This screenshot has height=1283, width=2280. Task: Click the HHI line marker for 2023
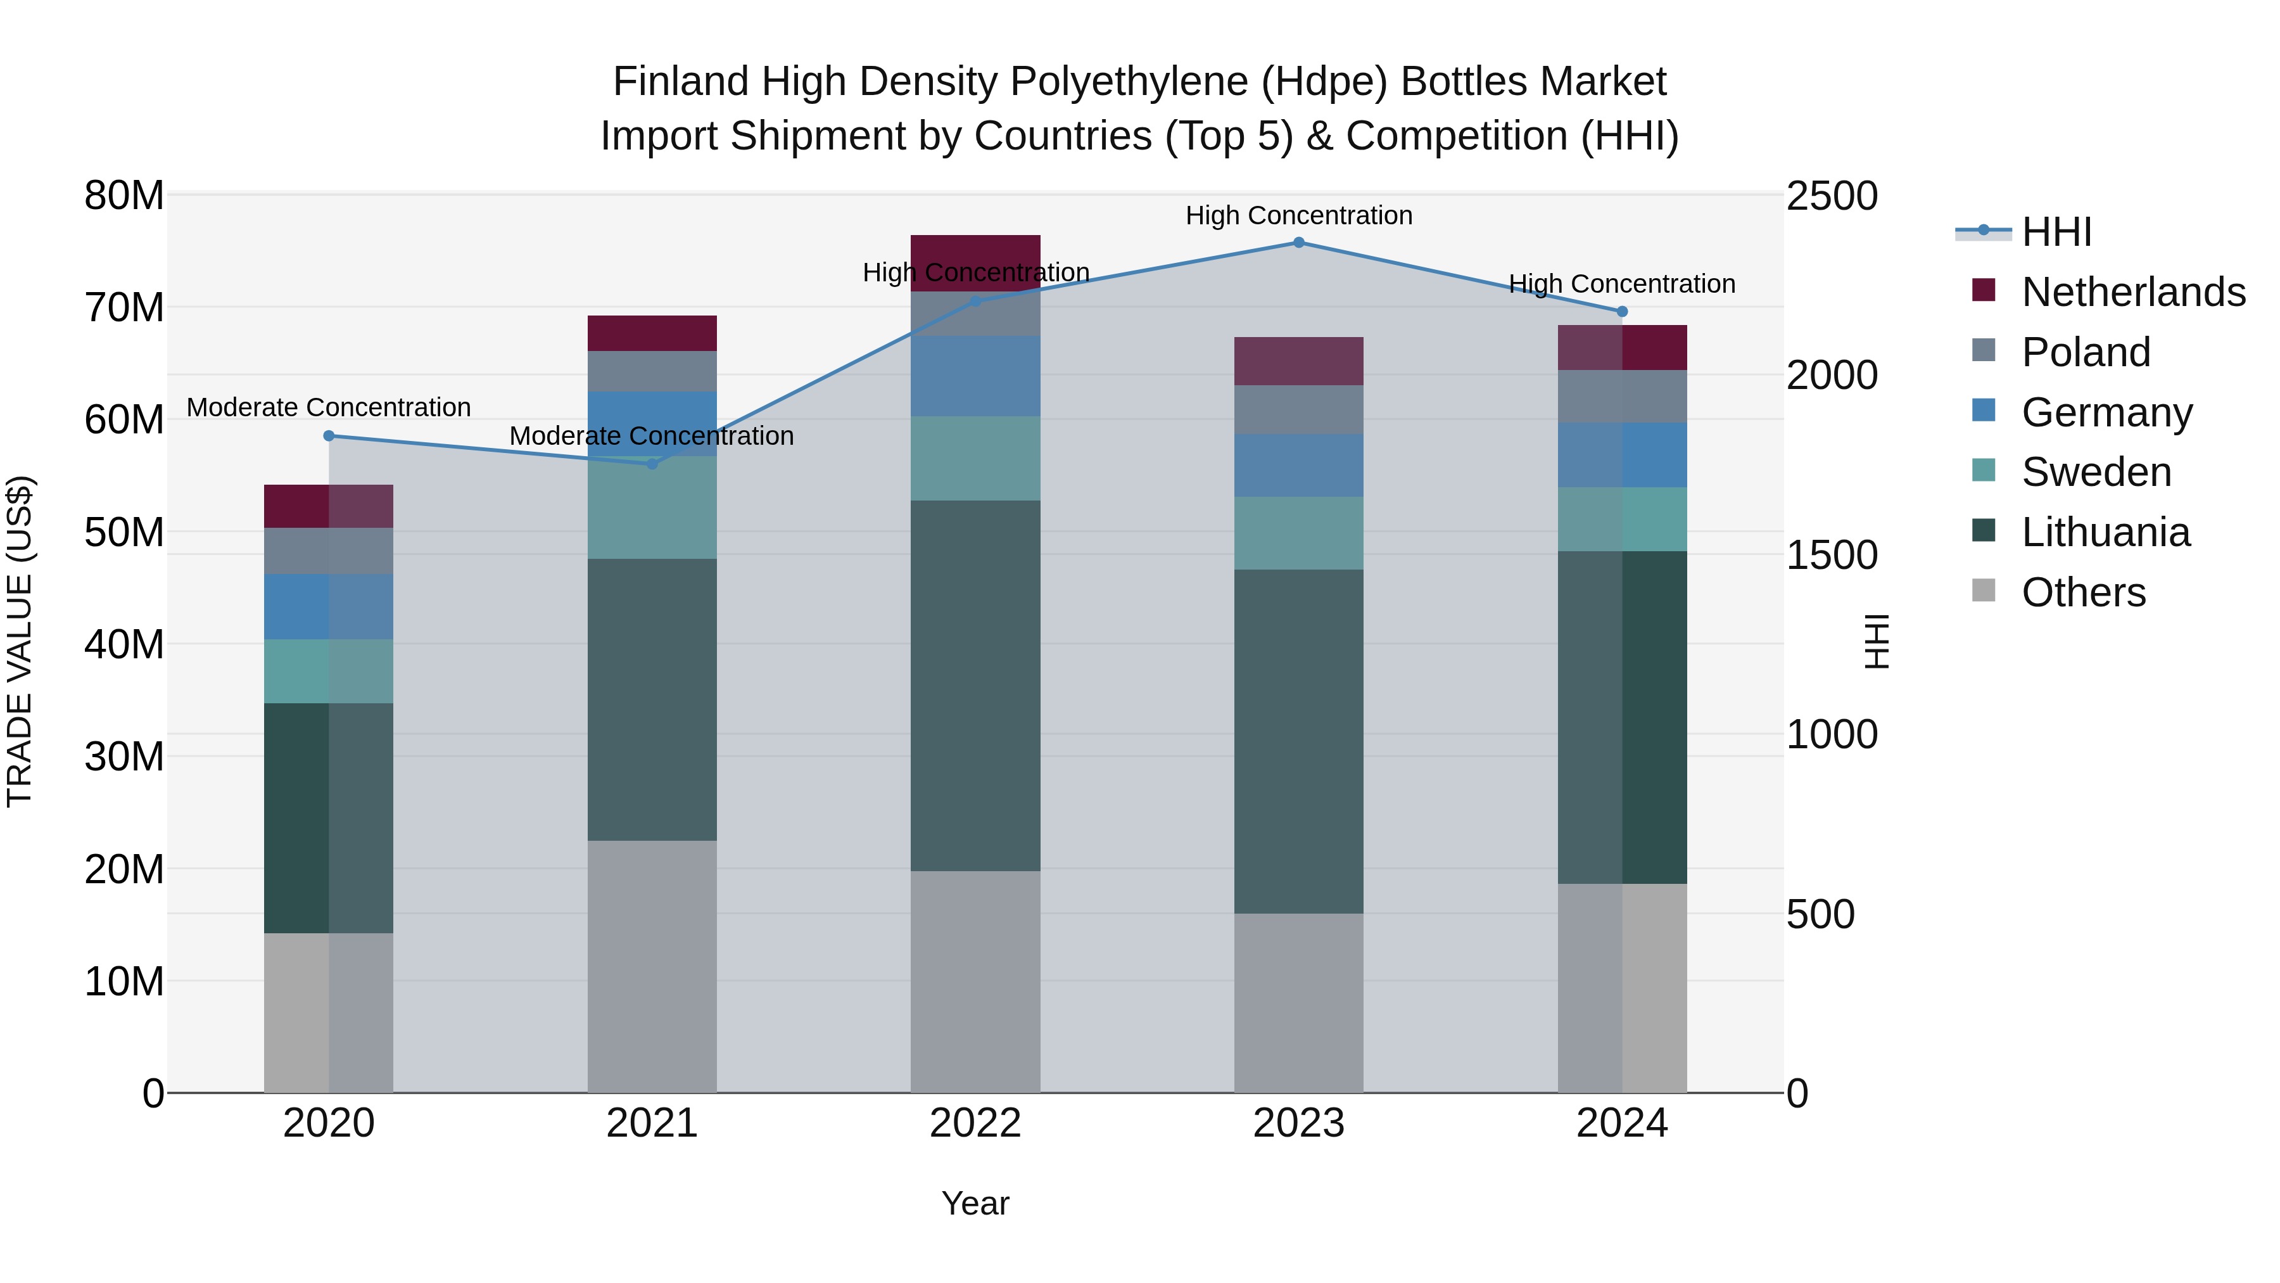pyautogui.click(x=1298, y=243)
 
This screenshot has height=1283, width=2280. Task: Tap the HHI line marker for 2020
pyautogui.click(x=329, y=436)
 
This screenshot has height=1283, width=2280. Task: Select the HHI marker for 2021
pyautogui.click(x=652, y=464)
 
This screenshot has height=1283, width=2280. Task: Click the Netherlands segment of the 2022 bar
pyautogui.click(x=975, y=263)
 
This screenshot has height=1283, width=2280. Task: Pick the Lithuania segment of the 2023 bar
pyautogui.click(x=1298, y=741)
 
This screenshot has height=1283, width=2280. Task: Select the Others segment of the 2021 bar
pyautogui.click(x=652, y=966)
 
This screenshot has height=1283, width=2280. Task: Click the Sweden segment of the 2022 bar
pyautogui.click(x=975, y=458)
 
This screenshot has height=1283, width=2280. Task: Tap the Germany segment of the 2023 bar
pyautogui.click(x=1298, y=465)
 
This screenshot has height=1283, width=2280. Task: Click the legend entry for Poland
pyautogui.click(x=2086, y=352)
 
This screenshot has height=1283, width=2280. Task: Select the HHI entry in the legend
pyautogui.click(x=2056, y=232)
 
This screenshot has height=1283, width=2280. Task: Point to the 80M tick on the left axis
pyautogui.click(x=124, y=196)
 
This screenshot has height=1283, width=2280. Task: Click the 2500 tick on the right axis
pyautogui.click(x=1831, y=196)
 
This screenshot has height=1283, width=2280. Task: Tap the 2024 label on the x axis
pyautogui.click(x=1621, y=1123)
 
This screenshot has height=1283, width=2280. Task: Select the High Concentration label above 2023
pyautogui.click(x=1298, y=215)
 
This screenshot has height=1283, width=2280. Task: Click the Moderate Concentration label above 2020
pyautogui.click(x=329, y=407)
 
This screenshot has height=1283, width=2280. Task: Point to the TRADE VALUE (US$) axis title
pyautogui.click(x=20, y=641)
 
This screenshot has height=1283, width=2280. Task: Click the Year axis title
pyautogui.click(x=975, y=1203)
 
